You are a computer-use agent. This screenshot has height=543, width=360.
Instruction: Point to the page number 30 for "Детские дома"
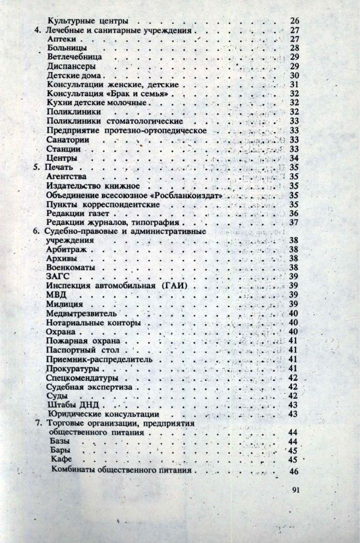[x=294, y=76]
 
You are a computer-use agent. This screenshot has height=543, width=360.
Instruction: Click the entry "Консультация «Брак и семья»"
[x=109, y=94]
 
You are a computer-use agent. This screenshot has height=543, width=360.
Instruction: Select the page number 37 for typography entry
[x=294, y=222]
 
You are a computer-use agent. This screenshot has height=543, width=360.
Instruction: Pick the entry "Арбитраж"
[x=65, y=250]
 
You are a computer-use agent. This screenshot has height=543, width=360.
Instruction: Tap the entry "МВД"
[x=56, y=295]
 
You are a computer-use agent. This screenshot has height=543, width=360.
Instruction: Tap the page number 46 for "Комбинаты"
[x=294, y=471]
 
